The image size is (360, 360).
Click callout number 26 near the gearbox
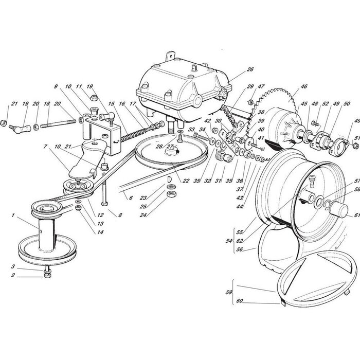pyautogui.click(x=236, y=69)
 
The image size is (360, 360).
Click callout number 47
pyautogui.click(x=261, y=87)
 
